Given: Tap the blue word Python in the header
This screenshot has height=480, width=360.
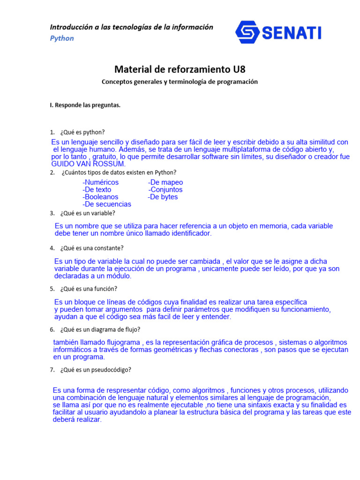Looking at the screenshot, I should tap(62, 38).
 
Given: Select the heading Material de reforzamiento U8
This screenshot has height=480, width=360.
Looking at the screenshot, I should tap(180, 70).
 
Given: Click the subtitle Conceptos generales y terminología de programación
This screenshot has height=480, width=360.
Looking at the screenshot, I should tap(180, 82).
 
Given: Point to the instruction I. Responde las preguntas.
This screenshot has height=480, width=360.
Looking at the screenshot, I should tap(85, 105).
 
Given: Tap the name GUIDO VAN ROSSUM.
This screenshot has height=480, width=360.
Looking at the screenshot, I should tap(88, 164).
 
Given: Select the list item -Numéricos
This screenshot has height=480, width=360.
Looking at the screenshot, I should tap(100, 182).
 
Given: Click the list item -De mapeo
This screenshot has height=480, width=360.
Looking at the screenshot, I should tap(165, 182).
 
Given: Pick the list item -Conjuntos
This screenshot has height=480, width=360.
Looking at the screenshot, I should tap(165, 190).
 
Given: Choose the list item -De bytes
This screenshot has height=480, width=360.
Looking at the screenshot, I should tap(163, 197).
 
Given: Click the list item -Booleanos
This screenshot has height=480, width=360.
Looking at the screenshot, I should tap(100, 197).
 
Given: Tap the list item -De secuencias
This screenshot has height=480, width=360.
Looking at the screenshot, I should tap(107, 204).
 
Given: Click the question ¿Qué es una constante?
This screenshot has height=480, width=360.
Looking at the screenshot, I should tap(92, 248).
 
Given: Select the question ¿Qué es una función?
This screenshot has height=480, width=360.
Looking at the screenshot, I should tap(89, 289).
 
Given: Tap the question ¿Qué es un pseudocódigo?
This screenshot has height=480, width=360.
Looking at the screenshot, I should tap(96, 369).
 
